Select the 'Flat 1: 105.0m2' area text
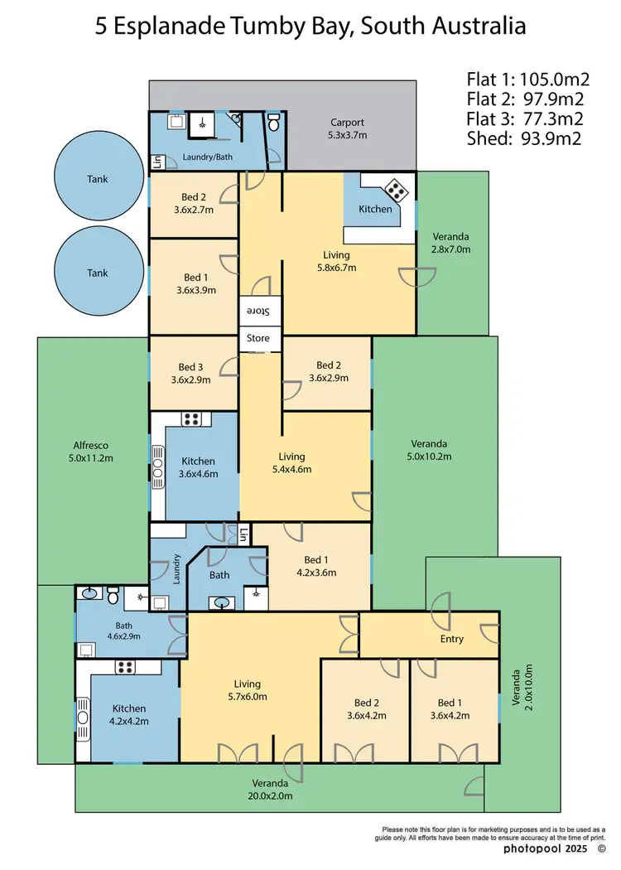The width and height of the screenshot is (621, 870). [527, 80]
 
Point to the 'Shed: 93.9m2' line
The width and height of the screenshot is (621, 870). [524, 138]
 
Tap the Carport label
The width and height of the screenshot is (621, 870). [347, 128]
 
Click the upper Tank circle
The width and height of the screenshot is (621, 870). [97, 179]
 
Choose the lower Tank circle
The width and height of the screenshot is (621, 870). [97, 273]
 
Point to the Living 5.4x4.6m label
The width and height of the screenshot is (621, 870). [291, 463]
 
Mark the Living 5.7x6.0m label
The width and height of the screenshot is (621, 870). [247, 690]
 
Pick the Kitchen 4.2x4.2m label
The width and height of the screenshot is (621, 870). [129, 715]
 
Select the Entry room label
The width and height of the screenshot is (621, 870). [452, 639]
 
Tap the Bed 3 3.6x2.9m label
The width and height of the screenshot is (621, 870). [190, 374]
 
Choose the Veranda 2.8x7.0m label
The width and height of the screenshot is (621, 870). [450, 243]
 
